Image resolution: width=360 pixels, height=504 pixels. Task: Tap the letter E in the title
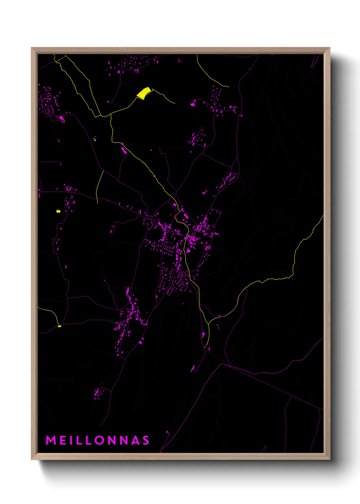point(64,440)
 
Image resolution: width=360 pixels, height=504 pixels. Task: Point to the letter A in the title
point(135,440)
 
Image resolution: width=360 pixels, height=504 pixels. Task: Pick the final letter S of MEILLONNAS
point(146,440)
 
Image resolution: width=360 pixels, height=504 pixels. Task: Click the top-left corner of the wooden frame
point(32,48)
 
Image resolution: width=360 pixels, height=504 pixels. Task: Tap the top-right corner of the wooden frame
point(329,48)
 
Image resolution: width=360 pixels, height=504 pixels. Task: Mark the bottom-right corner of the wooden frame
point(329,459)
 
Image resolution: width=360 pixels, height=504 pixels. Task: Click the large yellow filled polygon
point(144,93)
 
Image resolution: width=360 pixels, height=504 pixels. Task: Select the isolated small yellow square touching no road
point(58,211)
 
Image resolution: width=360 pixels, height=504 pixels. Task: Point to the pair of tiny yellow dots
point(95,139)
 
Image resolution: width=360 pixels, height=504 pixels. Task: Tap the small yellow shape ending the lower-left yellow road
point(59,326)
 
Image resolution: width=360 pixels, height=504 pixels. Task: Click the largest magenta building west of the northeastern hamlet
point(193,104)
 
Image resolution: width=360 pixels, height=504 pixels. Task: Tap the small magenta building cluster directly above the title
point(98,393)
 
